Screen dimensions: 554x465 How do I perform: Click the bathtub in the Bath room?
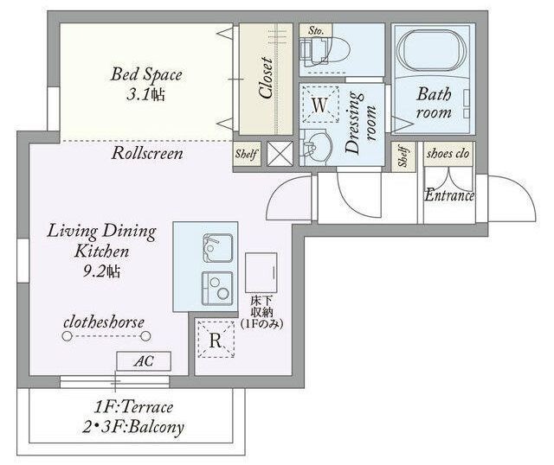click(x=432, y=50)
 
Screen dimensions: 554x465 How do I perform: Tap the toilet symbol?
click(x=325, y=50)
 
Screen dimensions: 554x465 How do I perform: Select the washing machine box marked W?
click(x=320, y=105)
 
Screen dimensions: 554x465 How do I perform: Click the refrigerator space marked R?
click(x=216, y=340)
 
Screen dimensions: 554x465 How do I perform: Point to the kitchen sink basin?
click(x=217, y=248)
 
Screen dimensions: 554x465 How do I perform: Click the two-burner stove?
click(x=217, y=289)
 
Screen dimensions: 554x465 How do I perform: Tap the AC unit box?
click(x=144, y=361)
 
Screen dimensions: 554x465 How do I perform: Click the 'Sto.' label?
click(x=316, y=31)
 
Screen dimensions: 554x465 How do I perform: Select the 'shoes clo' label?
click(x=448, y=154)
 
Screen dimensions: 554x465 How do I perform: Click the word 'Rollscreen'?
click(x=147, y=154)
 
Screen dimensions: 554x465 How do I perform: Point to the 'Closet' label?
click(x=266, y=78)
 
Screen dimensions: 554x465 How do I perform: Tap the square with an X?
click(x=280, y=154)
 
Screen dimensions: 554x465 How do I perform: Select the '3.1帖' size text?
click(x=145, y=94)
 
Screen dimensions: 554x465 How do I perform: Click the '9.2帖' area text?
click(x=102, y=271)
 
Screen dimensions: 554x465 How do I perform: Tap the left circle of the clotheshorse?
click(x=67, y=336)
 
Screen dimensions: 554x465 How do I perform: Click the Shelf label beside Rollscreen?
click(x=246, y=154)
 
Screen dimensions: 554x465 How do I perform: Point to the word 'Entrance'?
click(x=449, y=195)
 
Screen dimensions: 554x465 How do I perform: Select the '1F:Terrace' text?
click(x=133, y=407)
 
